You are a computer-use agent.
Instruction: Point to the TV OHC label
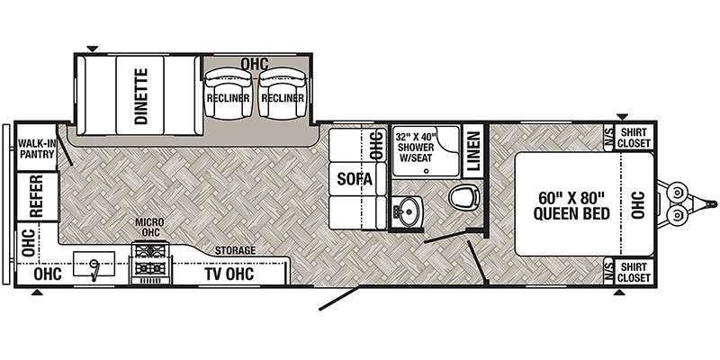click(229, 274)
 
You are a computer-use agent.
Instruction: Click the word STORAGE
click(235, 249)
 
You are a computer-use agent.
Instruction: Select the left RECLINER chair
click(227, 97)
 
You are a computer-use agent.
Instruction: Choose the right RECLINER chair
click(281, 97)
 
